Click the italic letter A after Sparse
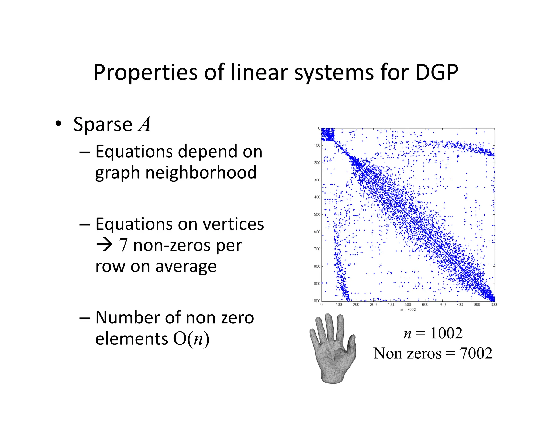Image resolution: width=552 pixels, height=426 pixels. point(144,124)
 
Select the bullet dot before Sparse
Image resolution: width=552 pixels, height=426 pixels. point(58,124)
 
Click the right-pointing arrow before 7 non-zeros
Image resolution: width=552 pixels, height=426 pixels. point(104,245)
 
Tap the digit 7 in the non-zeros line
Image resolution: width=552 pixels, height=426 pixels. point(123,245)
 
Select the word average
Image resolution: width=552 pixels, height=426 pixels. point(186,267)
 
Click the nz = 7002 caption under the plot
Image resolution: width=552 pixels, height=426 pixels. point(408,310)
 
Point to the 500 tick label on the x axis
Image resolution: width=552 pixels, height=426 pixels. point(408,305)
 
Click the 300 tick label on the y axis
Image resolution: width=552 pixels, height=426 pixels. point(317,180)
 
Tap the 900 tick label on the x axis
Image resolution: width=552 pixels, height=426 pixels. point(477,305)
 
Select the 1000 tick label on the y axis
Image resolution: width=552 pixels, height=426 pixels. point(316,301)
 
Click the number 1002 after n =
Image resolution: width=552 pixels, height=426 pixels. point(446,333)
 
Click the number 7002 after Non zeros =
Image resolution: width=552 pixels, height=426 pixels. point(476,353)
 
